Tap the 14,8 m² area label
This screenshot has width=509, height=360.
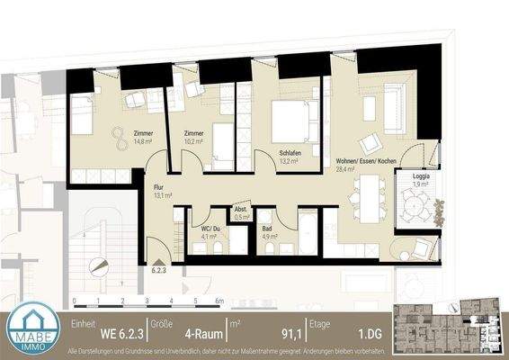tap(144, 140)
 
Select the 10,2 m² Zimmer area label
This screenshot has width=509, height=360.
tap(194, 140)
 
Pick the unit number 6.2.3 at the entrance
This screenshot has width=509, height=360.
tap(161, 268)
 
